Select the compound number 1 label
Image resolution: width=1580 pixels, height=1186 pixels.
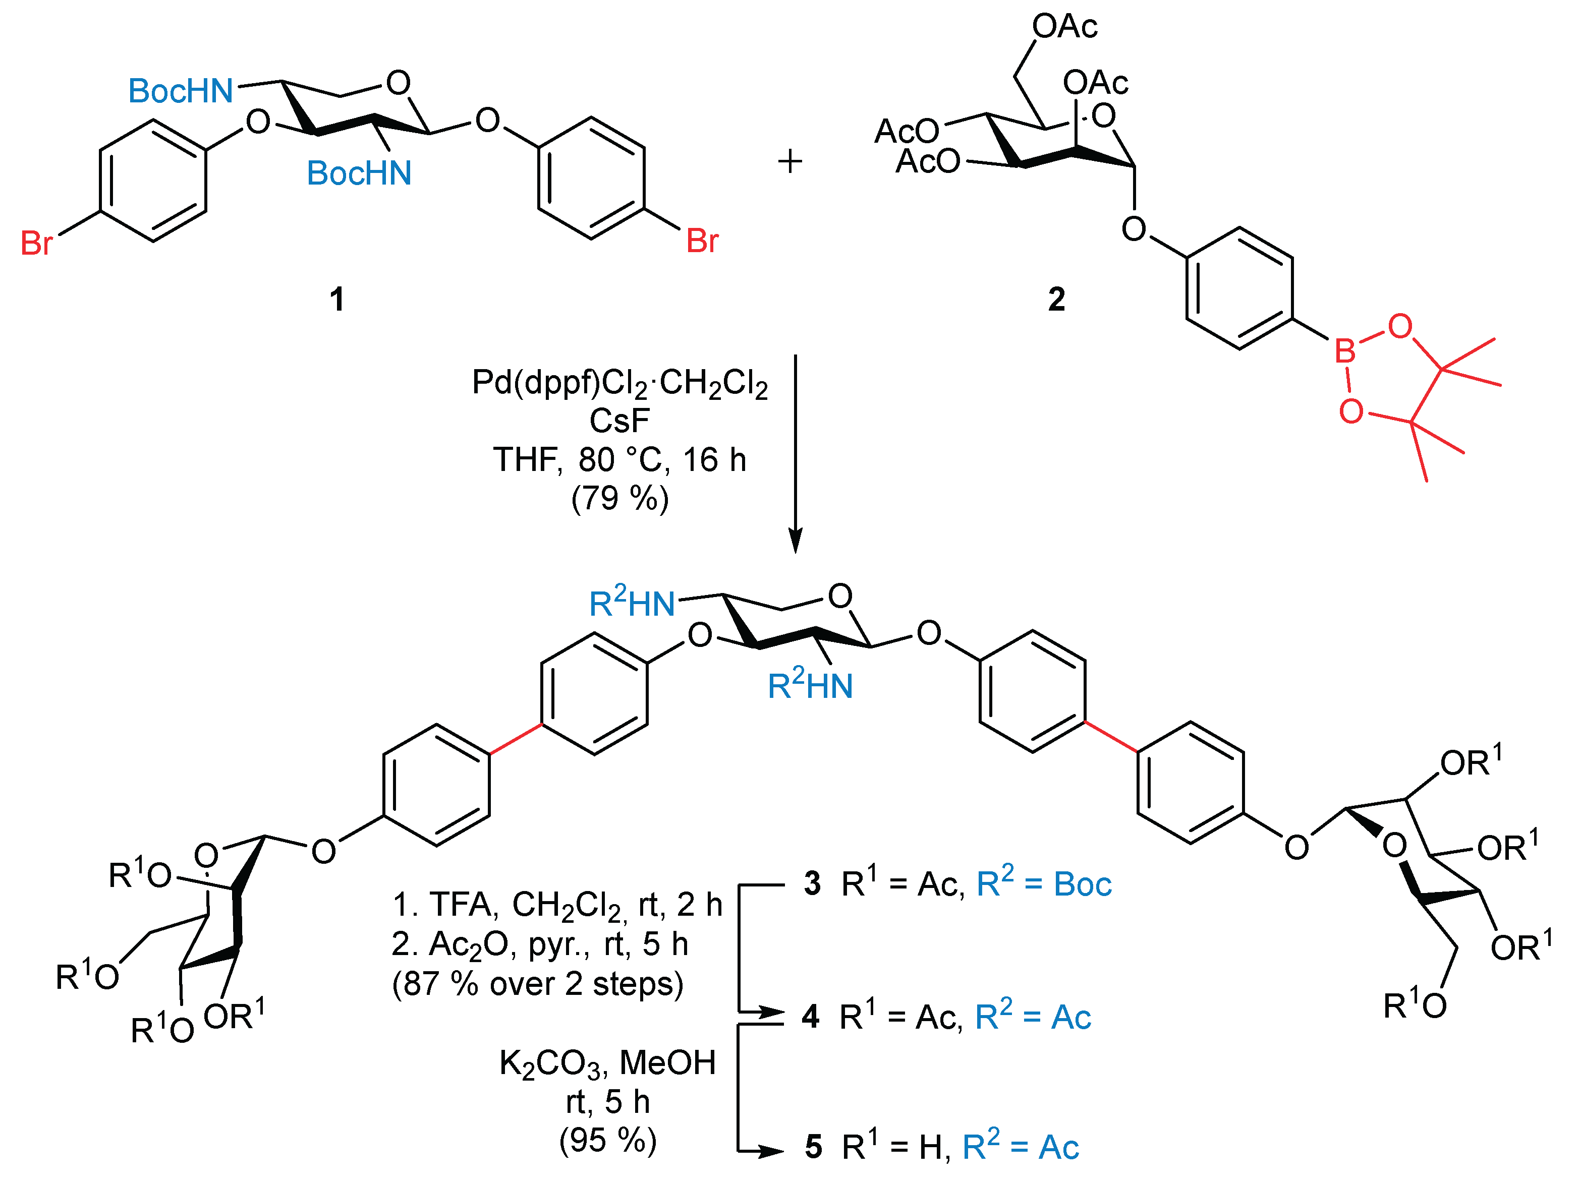(337, 299)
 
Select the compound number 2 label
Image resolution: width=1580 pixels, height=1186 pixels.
(1056, 299)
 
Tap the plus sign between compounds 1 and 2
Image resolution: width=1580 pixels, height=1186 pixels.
(790, 161)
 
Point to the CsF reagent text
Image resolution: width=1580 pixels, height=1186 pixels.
(619, 421)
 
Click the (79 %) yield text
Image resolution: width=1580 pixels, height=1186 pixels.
(619, 498)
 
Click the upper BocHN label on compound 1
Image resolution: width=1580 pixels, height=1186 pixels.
(181, 91)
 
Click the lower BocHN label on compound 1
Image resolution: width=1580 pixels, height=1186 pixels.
(359, 173)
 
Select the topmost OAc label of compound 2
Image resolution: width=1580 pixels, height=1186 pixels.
(1064, 26)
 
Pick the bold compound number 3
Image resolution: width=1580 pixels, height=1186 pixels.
(812, 884)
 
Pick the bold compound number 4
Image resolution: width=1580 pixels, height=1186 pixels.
(810, 1017)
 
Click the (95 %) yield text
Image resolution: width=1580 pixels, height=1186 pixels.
(608, 1140)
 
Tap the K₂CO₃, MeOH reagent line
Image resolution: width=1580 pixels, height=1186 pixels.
(608, 1063)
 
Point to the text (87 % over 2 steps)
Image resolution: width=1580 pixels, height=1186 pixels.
(538, 984)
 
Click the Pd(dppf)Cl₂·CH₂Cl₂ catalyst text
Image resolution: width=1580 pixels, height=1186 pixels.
(619, 383)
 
